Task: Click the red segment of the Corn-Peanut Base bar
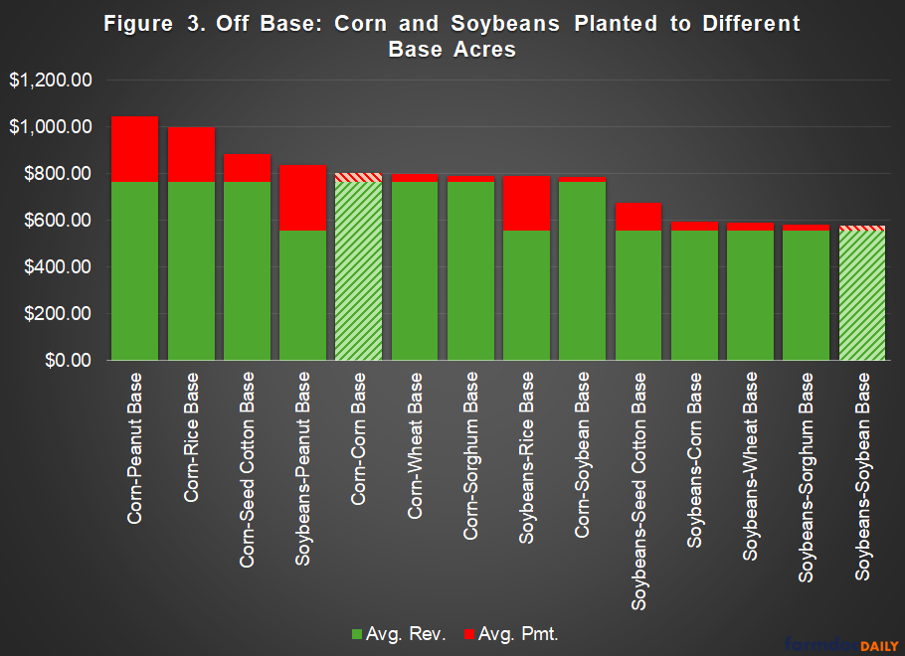pos(134,149)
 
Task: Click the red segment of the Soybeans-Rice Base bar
pos(526,204)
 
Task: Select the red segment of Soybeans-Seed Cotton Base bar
pos(637,216)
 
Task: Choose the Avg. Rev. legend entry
pos(403,633)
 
